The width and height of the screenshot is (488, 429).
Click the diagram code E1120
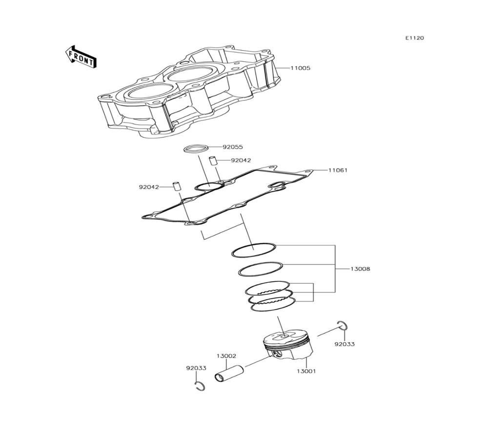pyautogui.click(x=414, y=38)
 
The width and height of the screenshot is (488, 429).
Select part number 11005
pyautogui.click(x=300, y=68)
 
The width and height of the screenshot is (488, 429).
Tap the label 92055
pyautogui.click(x=233, y=147)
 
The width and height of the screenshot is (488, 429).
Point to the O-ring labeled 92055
pyautogui.click(x=196, y=148)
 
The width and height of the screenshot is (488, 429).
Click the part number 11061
pyautogui.click(x=338, y=170)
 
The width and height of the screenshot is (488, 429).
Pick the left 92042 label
pyautogui.click(x=149, y=187)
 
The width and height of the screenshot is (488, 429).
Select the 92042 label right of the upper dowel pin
pyautogui.click(x=241, y=160)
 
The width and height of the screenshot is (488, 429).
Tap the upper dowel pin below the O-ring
pyautogui.click(x=213, y=161)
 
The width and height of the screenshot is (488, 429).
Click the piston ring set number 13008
pyautogui.click(x=361, y=269)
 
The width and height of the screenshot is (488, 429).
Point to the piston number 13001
pyautogui.click(x=306, y=371)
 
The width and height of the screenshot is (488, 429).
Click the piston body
pyautogui.click(x=287, y=345)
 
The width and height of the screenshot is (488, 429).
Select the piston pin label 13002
pyautogui.click(x=226, y=356)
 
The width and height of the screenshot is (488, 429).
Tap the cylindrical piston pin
pyautogui.click(x=229, y=373)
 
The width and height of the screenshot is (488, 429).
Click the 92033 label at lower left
pyautogui.click(x=196, y=368)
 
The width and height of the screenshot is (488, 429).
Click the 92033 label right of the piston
pyautogui.click(x=345, y=344)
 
